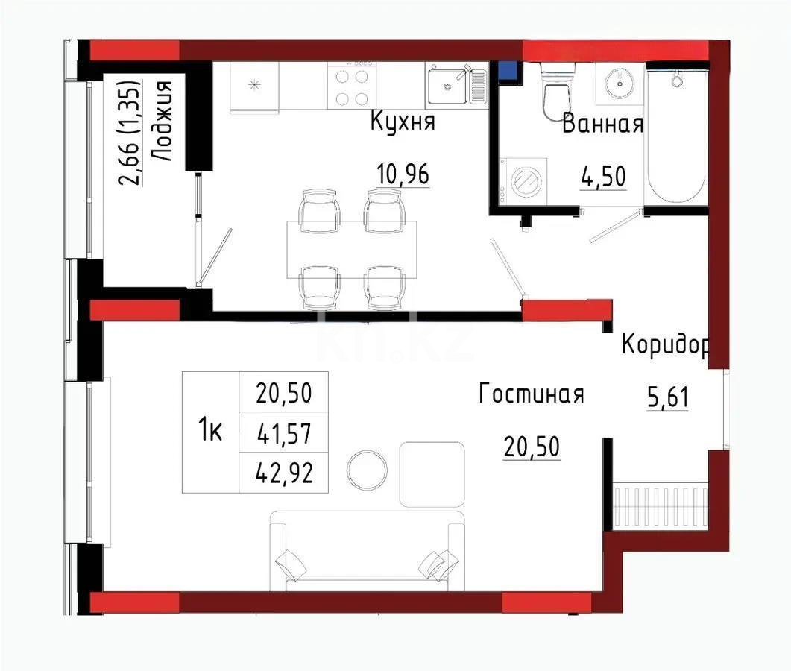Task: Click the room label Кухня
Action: click(x=403, y=123)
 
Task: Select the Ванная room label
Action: click(x=602, y=124)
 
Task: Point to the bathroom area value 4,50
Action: click(x=602, y=177)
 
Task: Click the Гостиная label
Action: click(x=531, y=394)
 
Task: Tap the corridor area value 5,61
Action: click(x=667, y=399)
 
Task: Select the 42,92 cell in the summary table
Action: click(x=283, y=475)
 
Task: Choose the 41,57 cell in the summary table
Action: click(x=283, y=432)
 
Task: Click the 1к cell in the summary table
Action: click(x=210, y=432)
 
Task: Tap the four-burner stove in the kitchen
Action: click(x=351, y=86)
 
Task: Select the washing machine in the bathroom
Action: click(x=525, y=180)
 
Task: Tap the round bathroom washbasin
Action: click(x=619, y=83)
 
